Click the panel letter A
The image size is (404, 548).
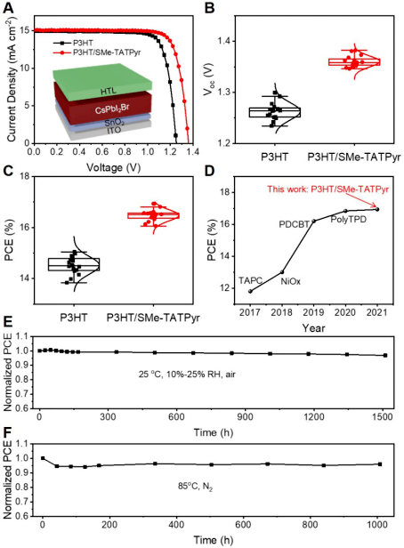[x=8, y=7]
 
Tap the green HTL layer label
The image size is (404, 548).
[x=109, y=92]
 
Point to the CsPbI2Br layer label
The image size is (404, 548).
[x=112, y=109]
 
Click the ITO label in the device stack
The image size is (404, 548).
[x=114, y=131]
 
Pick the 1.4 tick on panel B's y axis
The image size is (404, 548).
[x=225, y=41]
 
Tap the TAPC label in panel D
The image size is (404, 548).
[x=250, y=280]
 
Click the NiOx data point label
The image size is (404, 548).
[x=290, y=281]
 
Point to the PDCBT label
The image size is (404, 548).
[x=294, y=224]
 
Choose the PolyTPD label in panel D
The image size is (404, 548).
[x=349, y=220]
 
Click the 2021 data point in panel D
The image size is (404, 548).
[x=377, y=209]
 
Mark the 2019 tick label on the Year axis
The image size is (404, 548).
[x=313, y=311]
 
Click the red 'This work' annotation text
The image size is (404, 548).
[x=327, y=189]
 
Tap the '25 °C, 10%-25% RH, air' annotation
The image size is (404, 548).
[x=187, y=375]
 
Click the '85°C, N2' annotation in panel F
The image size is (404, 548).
[x=195, y=487]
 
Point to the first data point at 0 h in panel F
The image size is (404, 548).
[x=43, y=458]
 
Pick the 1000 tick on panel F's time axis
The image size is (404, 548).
[x=376, y=525]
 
